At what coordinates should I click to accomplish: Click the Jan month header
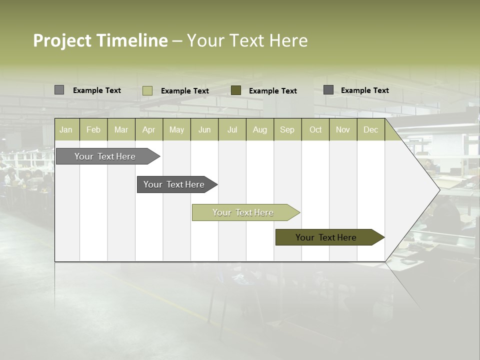66,129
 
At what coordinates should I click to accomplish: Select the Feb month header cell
93,129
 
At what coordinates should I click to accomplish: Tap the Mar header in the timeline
121,129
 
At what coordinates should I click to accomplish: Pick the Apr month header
149,129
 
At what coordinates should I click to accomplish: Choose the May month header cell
176,129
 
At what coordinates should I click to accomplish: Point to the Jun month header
204,129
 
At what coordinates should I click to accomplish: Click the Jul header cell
232,129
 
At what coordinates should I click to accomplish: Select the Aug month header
260,129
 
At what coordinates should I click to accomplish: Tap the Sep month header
287,129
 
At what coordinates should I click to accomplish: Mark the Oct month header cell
315,129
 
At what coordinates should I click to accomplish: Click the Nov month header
343,129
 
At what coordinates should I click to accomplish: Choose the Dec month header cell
371,129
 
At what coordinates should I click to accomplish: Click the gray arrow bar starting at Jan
105,156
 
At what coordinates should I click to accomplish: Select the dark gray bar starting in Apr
174,184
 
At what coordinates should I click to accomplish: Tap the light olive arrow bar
243,212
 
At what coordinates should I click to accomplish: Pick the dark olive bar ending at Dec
326,237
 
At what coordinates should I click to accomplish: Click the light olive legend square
147,90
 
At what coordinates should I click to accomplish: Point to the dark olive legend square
236,90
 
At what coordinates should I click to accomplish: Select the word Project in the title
62,40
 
